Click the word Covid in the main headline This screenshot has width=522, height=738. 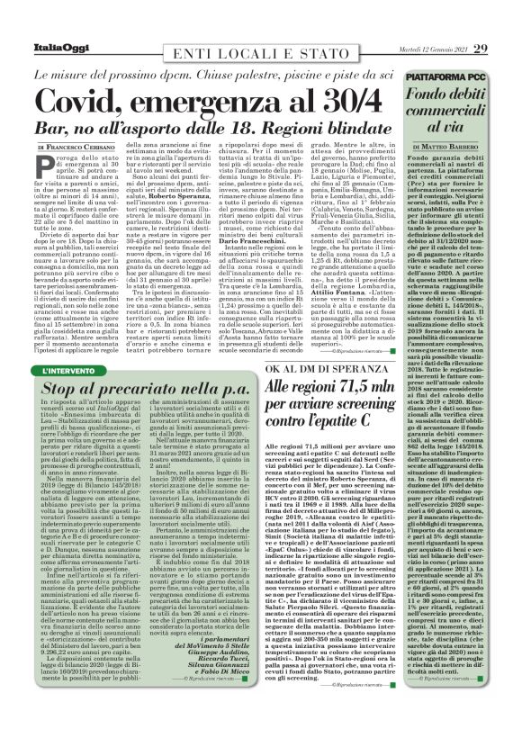87,97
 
